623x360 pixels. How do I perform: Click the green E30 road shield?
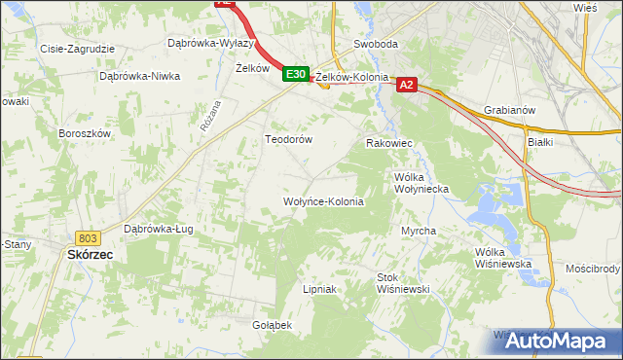(297, 74)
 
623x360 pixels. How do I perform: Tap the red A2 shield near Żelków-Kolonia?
(408, 86)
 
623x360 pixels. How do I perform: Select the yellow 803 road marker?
(87, 237)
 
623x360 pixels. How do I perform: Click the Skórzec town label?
(91, 254)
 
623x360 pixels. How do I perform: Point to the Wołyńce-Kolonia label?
(323, 202)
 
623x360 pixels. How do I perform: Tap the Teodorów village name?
(289, 140)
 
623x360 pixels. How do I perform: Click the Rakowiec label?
(389, 144)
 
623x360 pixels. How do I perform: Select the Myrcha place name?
(419, 232)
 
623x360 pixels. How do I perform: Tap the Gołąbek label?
(273, 325)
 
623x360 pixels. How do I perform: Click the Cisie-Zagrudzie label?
(77, 49)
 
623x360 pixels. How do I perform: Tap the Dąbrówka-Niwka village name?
(140, 76)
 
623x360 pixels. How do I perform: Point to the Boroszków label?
(86, 133)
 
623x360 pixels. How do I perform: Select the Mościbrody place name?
(592, 268)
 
